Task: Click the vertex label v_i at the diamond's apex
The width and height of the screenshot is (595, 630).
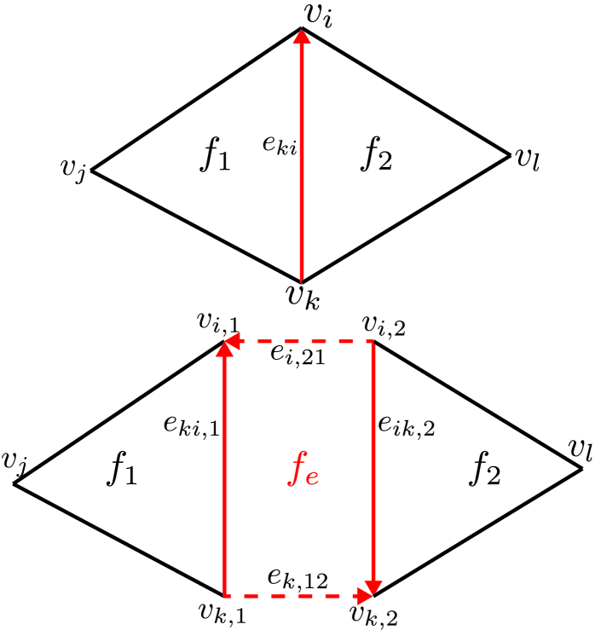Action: pos(318,14)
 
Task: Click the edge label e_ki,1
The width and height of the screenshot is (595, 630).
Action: pos(193,426)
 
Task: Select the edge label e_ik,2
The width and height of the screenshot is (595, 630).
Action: pos(407,426)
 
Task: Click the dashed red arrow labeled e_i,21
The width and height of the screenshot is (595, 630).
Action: pos(298,341)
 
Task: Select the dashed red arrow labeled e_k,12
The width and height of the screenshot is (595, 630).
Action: pos(298,595)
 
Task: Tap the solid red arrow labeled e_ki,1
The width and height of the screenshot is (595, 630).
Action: pos(224,469)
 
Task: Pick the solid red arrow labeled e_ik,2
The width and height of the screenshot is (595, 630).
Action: pos(373,469)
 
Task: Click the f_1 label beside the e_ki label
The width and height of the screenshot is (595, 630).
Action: pos(216,155)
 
